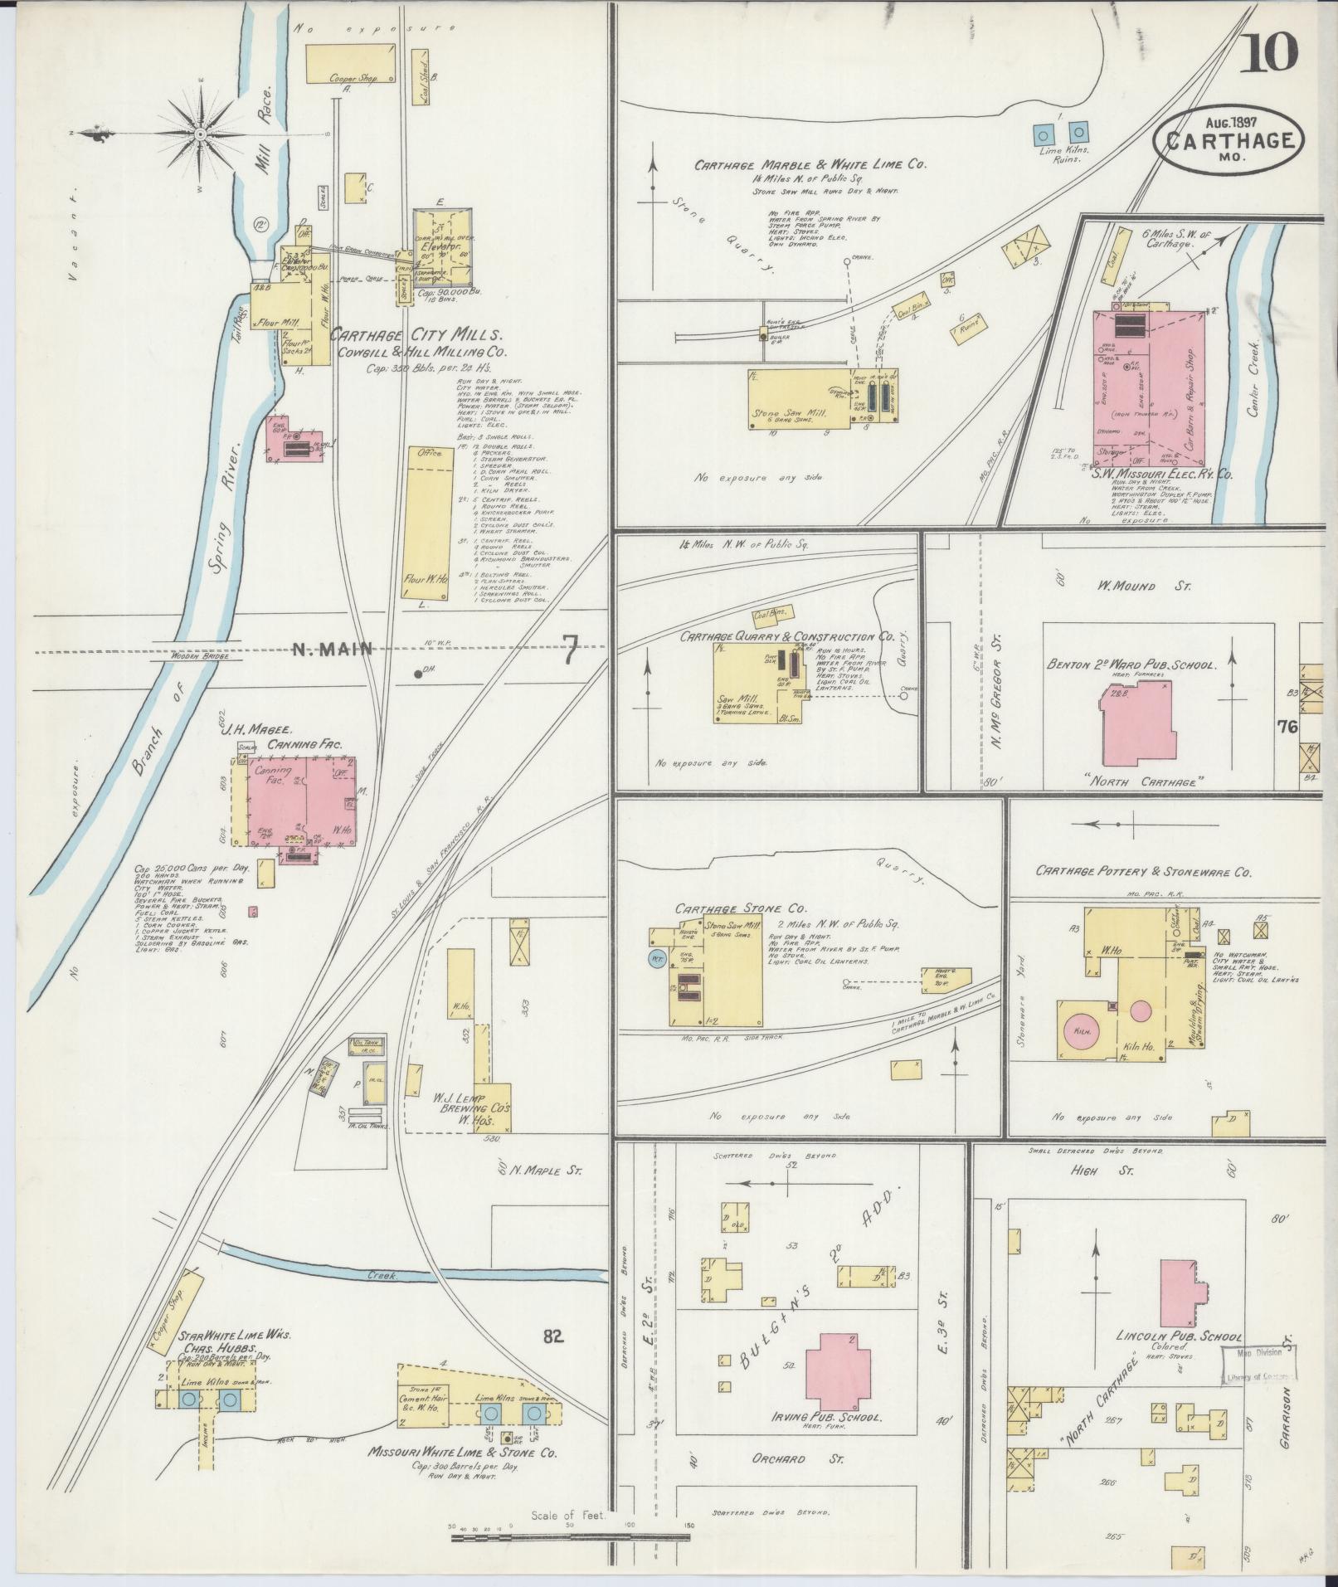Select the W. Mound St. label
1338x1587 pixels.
pyautogui.click(x=1144, y=587)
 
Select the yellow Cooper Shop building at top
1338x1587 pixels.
pyautogui.click(x=342, y=64)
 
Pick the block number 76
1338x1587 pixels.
pyautogui.click(x=1287, y=727)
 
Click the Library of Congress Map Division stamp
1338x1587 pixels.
pyautogui.click(x=1258, y=1365)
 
